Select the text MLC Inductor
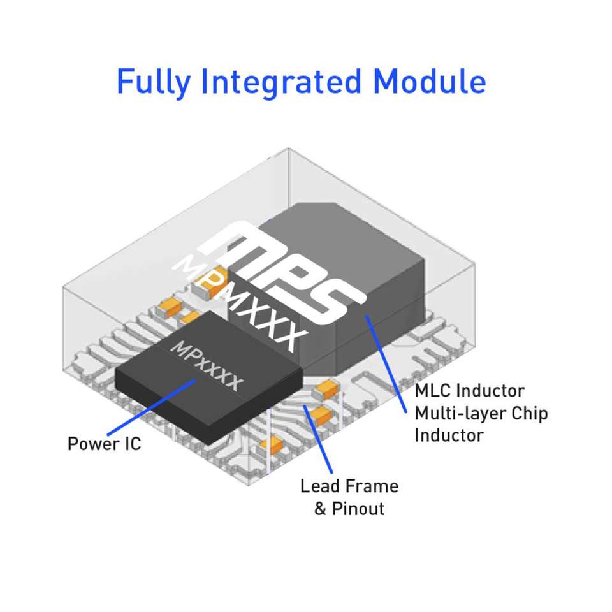[x=470, y=390]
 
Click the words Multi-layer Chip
[x=481, y=413]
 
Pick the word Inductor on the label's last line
[x=449, y=435]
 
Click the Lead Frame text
[x=349, y=486]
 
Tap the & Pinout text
[x=349, y=509]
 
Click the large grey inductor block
[x=376, y=274]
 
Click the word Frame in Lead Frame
[x=374, y=486]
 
